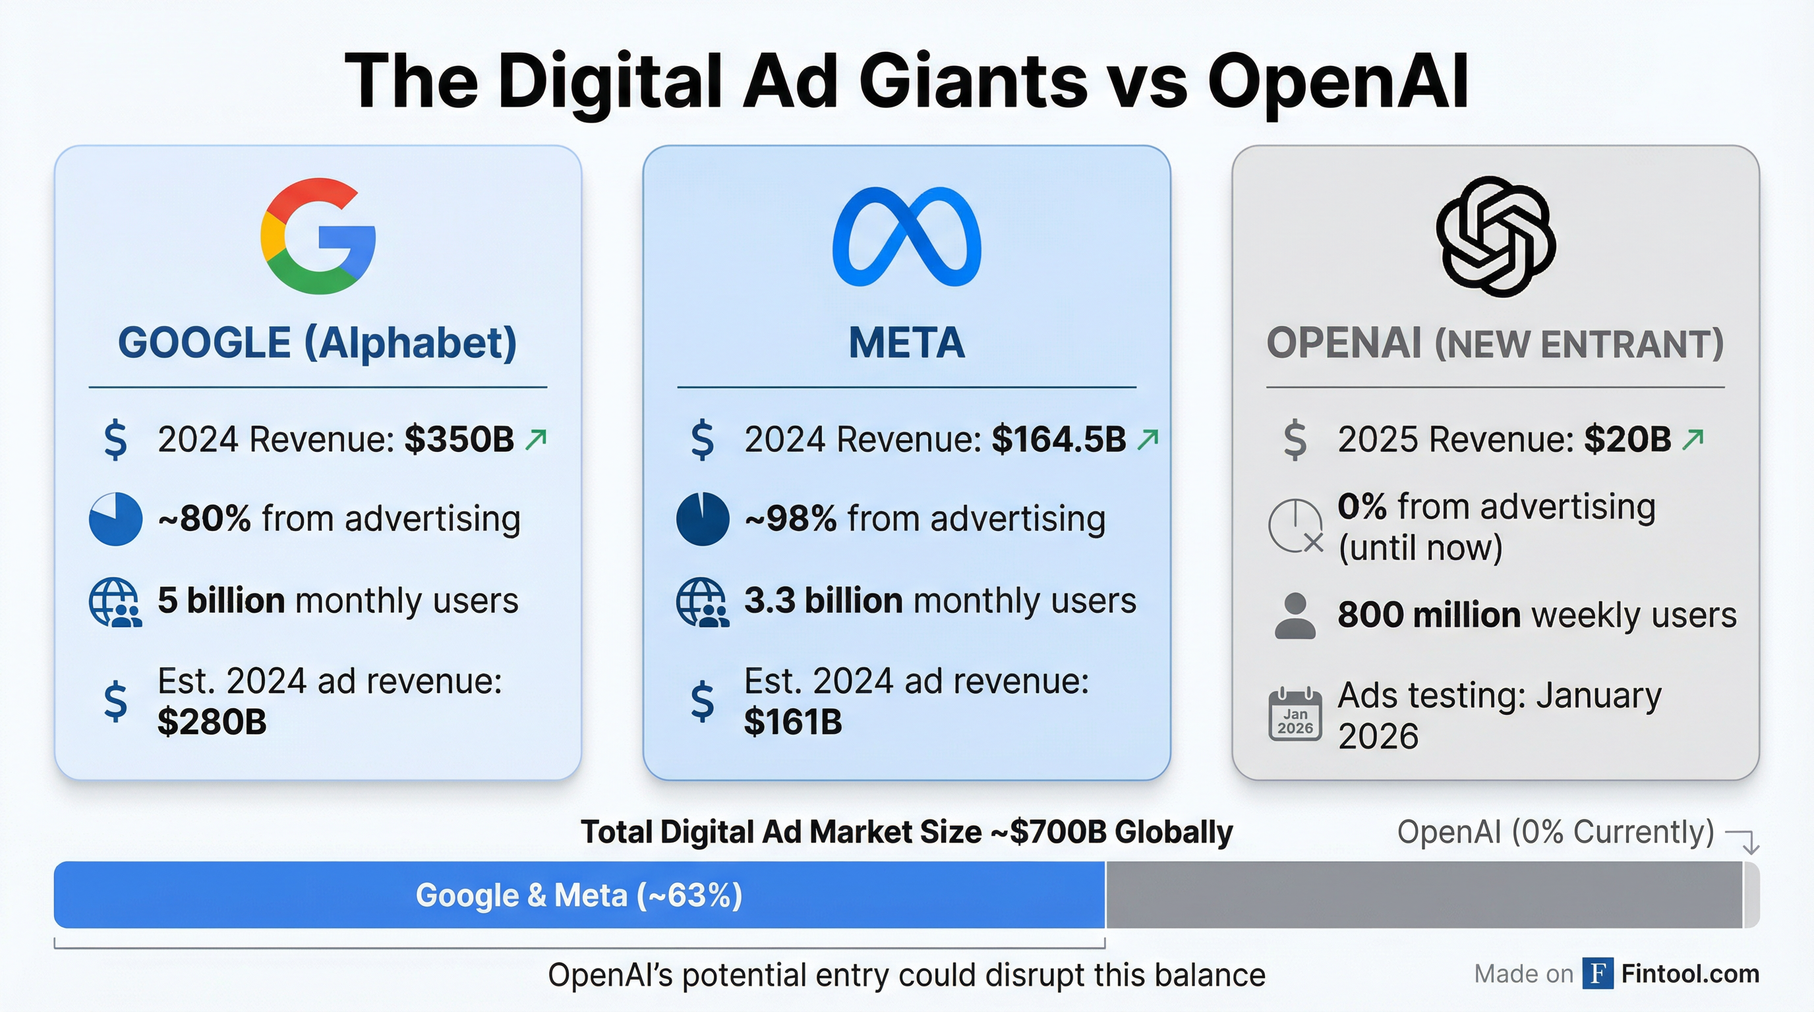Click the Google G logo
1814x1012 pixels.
coord(318,236)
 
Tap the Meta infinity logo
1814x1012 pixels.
coord(906,237)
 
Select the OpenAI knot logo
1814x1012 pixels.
coord(1495,237)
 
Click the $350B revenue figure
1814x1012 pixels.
coord(459,440)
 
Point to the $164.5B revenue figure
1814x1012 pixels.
coord(1059,440)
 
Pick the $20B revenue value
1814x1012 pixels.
coord(1627,440)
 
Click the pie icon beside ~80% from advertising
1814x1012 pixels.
coord(115,519)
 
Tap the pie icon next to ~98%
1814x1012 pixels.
coord(702,519)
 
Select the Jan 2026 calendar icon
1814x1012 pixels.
coord(1295,714)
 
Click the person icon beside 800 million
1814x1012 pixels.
coord(1295,616)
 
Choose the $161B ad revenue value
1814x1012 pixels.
coord(793,722)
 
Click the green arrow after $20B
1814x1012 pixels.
coord(1693,439)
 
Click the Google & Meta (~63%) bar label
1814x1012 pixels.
coord(579,895)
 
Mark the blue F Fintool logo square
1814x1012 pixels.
coord(1597,973)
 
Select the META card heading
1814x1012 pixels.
coord(906,343)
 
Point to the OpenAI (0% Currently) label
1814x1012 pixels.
coord(1555,832)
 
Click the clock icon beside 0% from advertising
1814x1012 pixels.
coord(1295,526)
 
